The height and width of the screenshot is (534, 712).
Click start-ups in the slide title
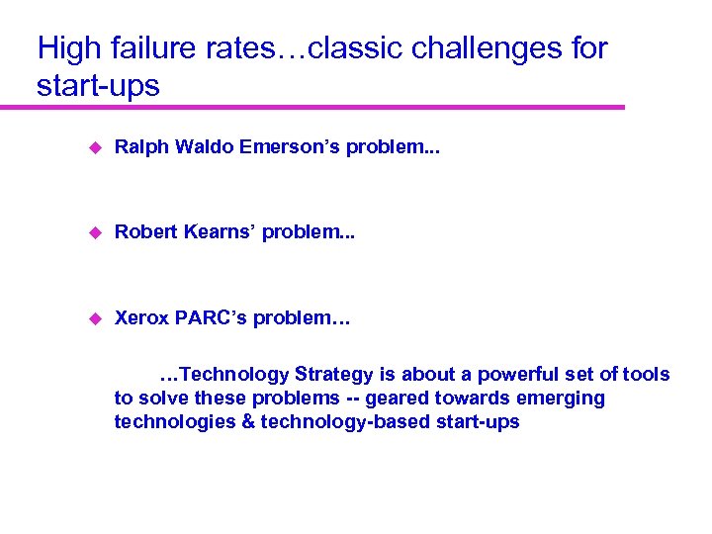click(x=98, y=85)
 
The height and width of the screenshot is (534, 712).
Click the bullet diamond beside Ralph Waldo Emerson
click(x=95, y=148)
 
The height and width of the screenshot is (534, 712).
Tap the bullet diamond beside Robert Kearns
click(x=95, y=232)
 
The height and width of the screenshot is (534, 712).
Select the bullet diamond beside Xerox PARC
click(x=95, y=318)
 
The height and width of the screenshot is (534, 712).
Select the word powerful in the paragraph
click(x=513, y=375)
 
